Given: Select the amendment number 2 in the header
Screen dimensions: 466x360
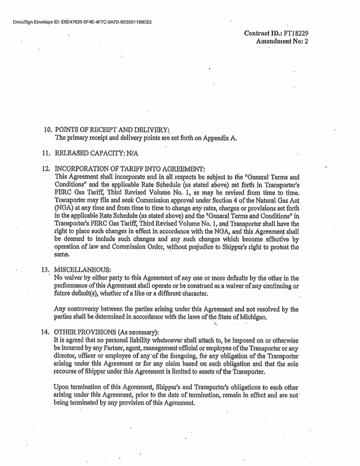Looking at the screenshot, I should coord(306,41).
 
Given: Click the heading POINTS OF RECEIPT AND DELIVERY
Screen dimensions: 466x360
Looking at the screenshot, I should coord(111,130).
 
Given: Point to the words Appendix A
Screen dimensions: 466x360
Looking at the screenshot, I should coord(223,139).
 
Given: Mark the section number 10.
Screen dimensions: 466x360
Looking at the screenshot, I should coord(46,130).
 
